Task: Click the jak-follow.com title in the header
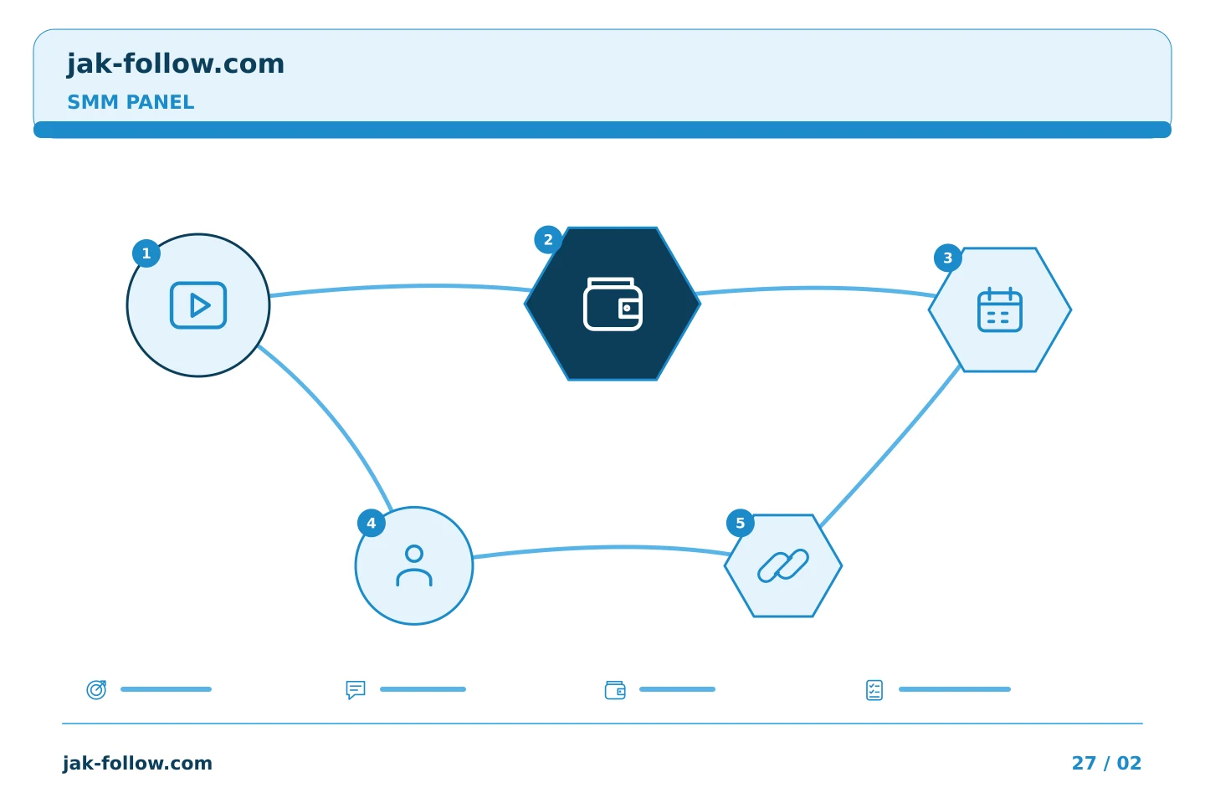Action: (x=176, y=64)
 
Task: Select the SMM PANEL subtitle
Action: (x=131, y=102)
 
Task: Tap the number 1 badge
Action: (x=146, y=253)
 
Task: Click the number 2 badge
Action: (x=548, y=240)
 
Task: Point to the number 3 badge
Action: (x=948, y=258)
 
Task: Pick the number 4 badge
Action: (x=372, y=524)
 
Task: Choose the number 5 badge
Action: (x=741, y=524)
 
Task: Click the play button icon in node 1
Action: (x=198, y=305)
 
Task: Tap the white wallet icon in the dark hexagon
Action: (x=613, y=304)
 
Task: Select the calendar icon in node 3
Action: (x=1000, y=309)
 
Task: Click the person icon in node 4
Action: (x=414, y=565)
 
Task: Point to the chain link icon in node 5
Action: (x=783, y=565)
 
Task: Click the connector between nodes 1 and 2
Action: (x=401, y=287)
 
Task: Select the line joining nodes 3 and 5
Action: (x=890, y=447)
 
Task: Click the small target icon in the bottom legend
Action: (x=97, y=689)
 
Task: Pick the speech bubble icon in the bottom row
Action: (x=356, y=689)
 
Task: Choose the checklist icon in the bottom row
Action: (x=874, y=690)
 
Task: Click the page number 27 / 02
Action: (x=1106, y=763)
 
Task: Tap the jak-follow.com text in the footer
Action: (x=137, y=763)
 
